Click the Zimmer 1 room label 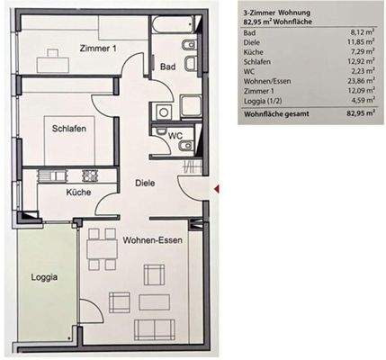[97, 49]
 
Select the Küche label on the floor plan [78, 193]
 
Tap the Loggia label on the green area [45, 277]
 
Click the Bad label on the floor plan [167, 67]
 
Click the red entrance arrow [217, 186]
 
